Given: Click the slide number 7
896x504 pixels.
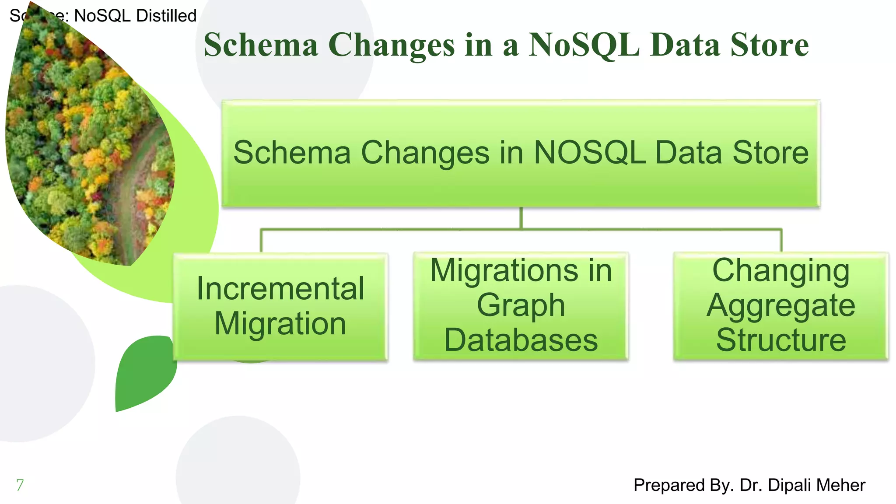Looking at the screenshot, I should point(20,485).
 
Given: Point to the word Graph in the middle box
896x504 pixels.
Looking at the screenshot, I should point(521,305).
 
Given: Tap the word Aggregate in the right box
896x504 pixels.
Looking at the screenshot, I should point(781,305).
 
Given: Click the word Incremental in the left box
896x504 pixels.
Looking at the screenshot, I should point(280,289).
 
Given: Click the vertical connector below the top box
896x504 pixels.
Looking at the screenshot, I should point(521,217).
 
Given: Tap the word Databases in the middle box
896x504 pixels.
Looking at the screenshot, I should point(521,340).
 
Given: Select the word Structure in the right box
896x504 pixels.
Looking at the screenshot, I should point(781,340).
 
